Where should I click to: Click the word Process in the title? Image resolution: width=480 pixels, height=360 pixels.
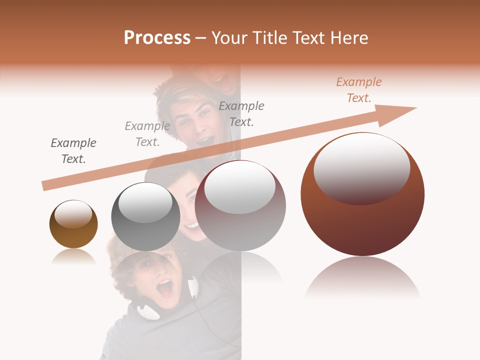pos(157,38)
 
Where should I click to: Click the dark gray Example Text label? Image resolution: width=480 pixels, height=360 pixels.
pos(73,151)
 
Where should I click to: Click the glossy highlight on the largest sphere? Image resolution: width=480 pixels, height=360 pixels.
pos(361,167)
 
